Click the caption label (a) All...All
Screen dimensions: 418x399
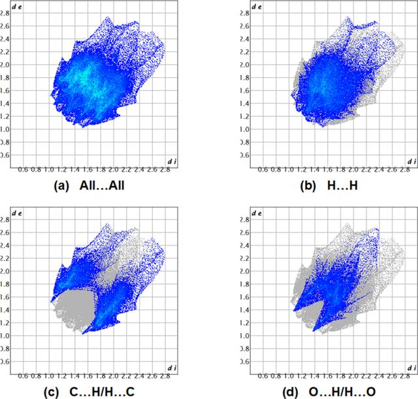pos(89,185)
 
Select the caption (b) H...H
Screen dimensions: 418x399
pos(329,185)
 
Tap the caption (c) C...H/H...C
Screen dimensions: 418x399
pos(89,392)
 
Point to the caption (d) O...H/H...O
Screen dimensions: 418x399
pos(329,392)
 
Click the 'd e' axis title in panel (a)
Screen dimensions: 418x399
pos(17,7)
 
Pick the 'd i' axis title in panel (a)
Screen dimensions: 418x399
pos(172,161)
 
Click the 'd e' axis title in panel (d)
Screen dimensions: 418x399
pos(257,214)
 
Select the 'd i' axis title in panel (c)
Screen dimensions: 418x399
pos(172,368)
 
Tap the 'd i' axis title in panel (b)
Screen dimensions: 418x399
pos(411,161)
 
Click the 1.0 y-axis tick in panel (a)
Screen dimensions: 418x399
pos(5,129)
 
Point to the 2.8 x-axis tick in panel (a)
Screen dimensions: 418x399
pos(165,170)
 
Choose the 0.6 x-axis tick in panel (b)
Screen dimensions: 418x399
pos(263,170)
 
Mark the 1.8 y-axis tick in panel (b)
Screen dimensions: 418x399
pos(244,78)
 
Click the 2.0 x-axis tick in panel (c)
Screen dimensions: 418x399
pos(114,376)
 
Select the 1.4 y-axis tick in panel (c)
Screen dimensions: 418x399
pos(5,310)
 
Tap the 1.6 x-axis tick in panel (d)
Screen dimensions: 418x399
pos(328,376)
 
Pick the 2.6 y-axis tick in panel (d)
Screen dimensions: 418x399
pos(244,232)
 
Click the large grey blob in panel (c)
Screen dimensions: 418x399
pos(74,309)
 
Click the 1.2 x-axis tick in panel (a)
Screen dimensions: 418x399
pos(62,170)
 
